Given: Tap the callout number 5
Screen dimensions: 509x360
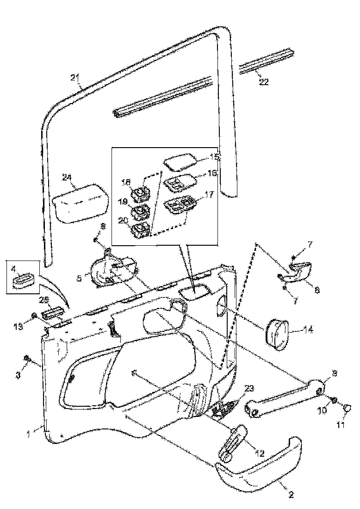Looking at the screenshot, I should click(x=79, y=279).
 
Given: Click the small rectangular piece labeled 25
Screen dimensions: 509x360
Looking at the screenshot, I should click(x=52, y=314).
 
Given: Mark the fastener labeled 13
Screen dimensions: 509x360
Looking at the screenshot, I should click(x=34, y=317).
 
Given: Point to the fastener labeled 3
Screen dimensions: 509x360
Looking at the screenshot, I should click(x=27, y=359).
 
